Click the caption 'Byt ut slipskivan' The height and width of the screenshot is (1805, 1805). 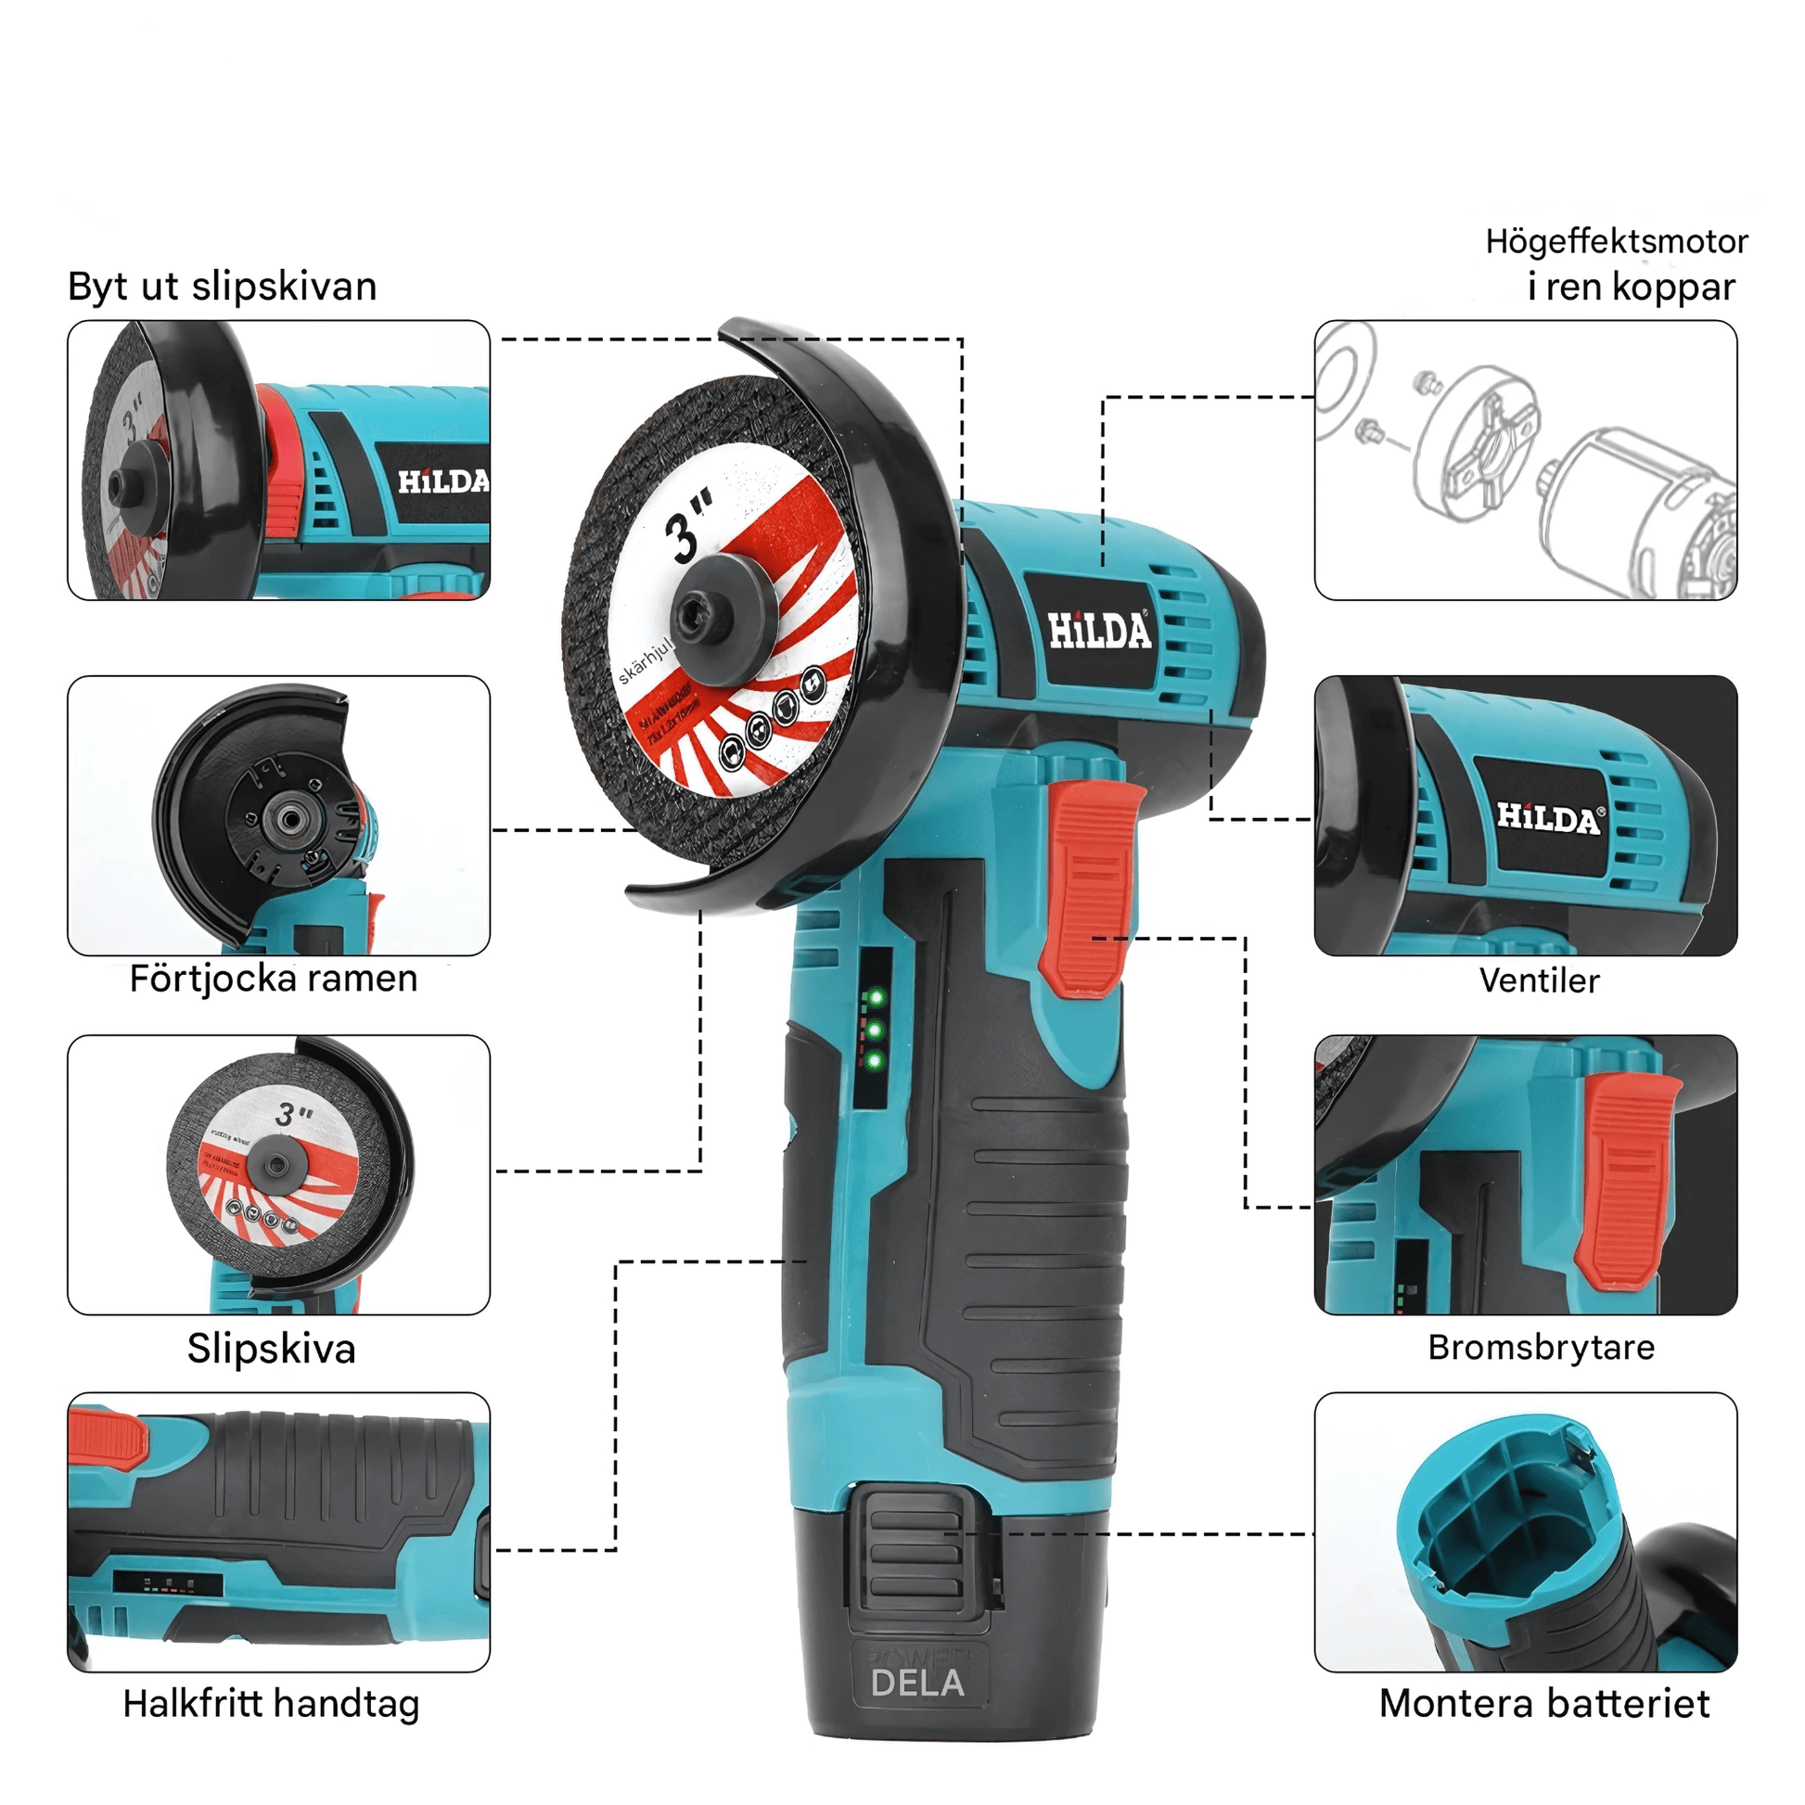point(223,287)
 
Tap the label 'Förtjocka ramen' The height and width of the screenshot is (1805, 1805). point(273,979)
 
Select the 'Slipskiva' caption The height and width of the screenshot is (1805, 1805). point(271,1349)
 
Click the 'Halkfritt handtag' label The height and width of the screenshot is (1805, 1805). point(271,1704)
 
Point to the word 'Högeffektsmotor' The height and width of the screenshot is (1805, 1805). point(1616,242)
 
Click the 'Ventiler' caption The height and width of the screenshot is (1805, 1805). point(1539,981)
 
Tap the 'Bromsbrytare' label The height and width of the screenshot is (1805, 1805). point(1541,1347)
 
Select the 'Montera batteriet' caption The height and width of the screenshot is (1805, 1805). point(1543,1704)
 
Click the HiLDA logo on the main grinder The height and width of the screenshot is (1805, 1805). point(1099,631)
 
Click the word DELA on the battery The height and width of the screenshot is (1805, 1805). point(916,1683)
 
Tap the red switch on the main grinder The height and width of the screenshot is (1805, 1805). point(1090,888)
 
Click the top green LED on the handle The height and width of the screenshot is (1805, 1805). point(876,998)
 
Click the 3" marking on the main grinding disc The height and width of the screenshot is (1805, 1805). point(688,532)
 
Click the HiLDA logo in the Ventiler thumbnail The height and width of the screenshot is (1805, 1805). point(1548,818)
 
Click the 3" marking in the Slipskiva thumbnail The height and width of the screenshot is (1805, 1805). point(293,1114)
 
